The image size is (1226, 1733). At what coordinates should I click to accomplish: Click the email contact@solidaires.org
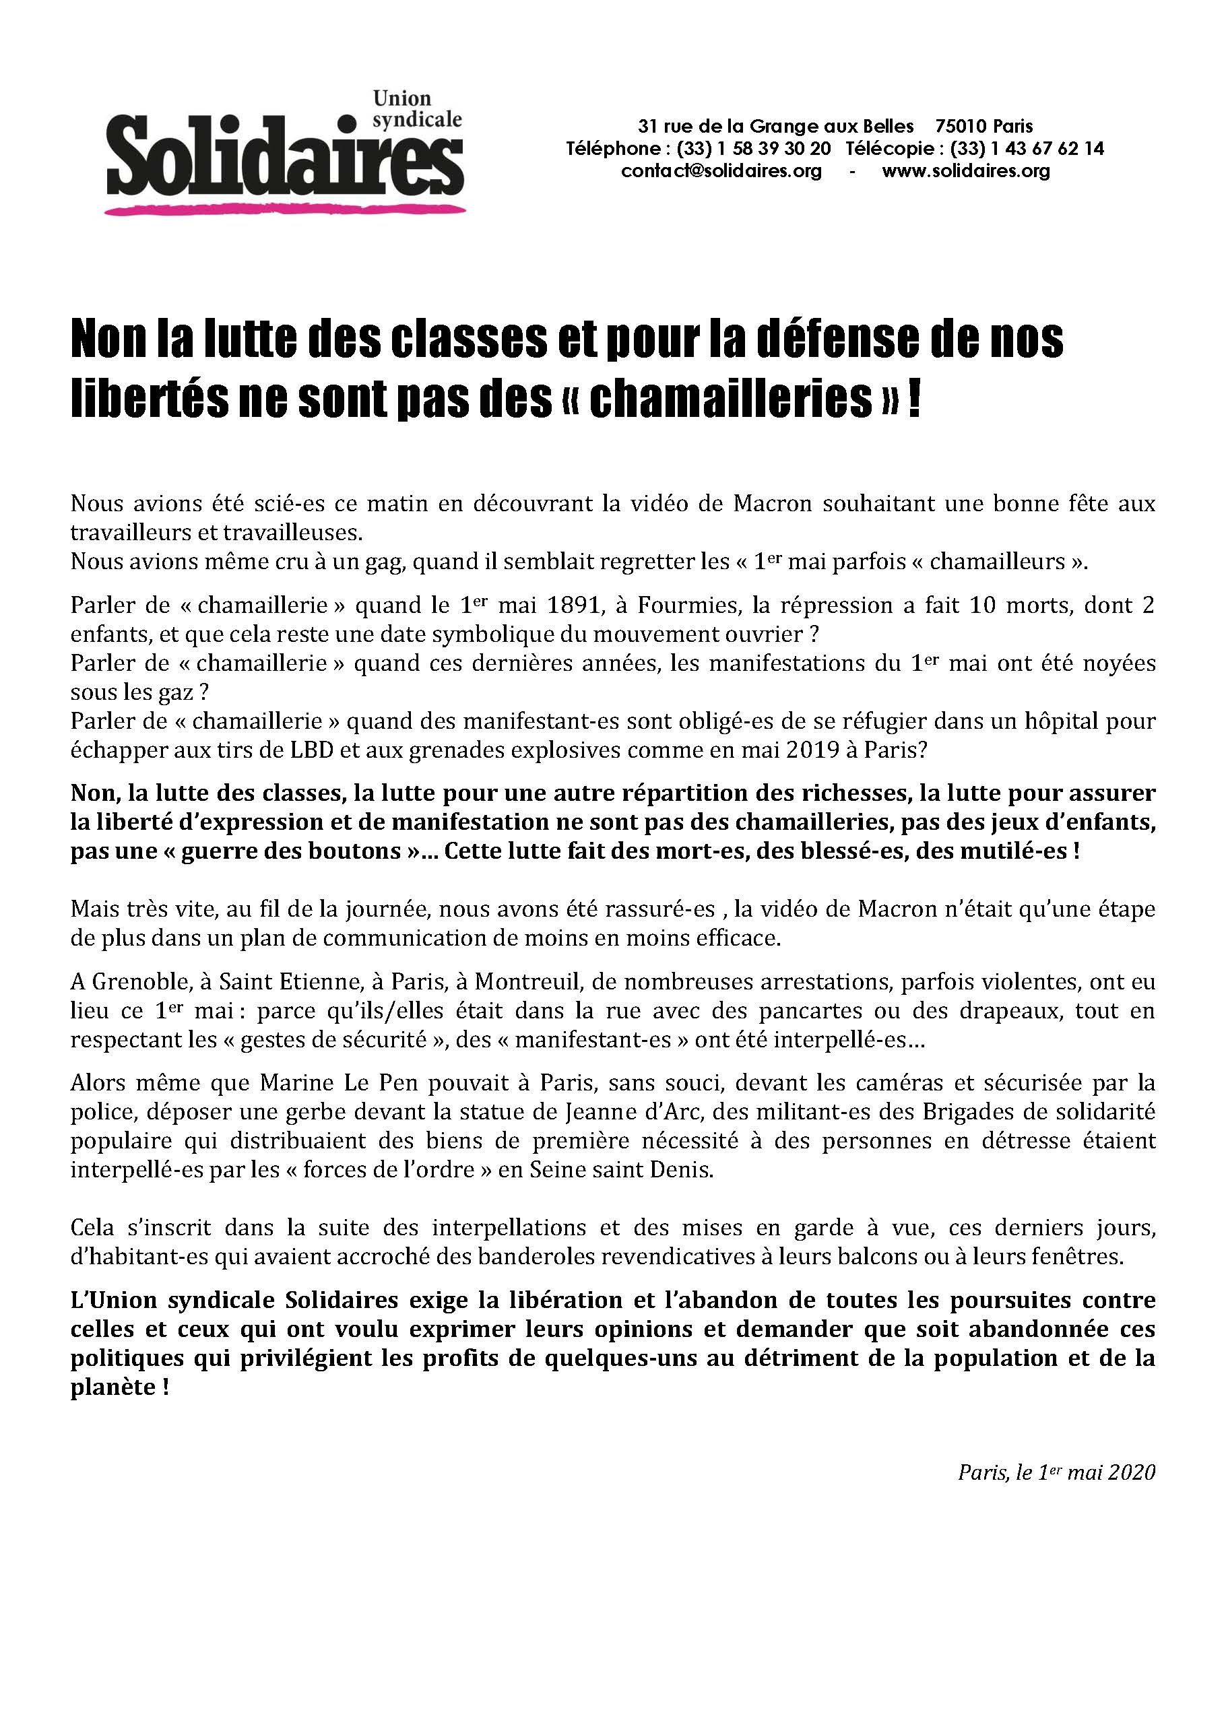(721, 171)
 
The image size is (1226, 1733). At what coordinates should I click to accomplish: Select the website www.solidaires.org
(965, 171)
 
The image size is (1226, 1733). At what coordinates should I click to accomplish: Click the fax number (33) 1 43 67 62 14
(1027, 148)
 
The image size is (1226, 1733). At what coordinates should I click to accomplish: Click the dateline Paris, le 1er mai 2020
(1056, 1473)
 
